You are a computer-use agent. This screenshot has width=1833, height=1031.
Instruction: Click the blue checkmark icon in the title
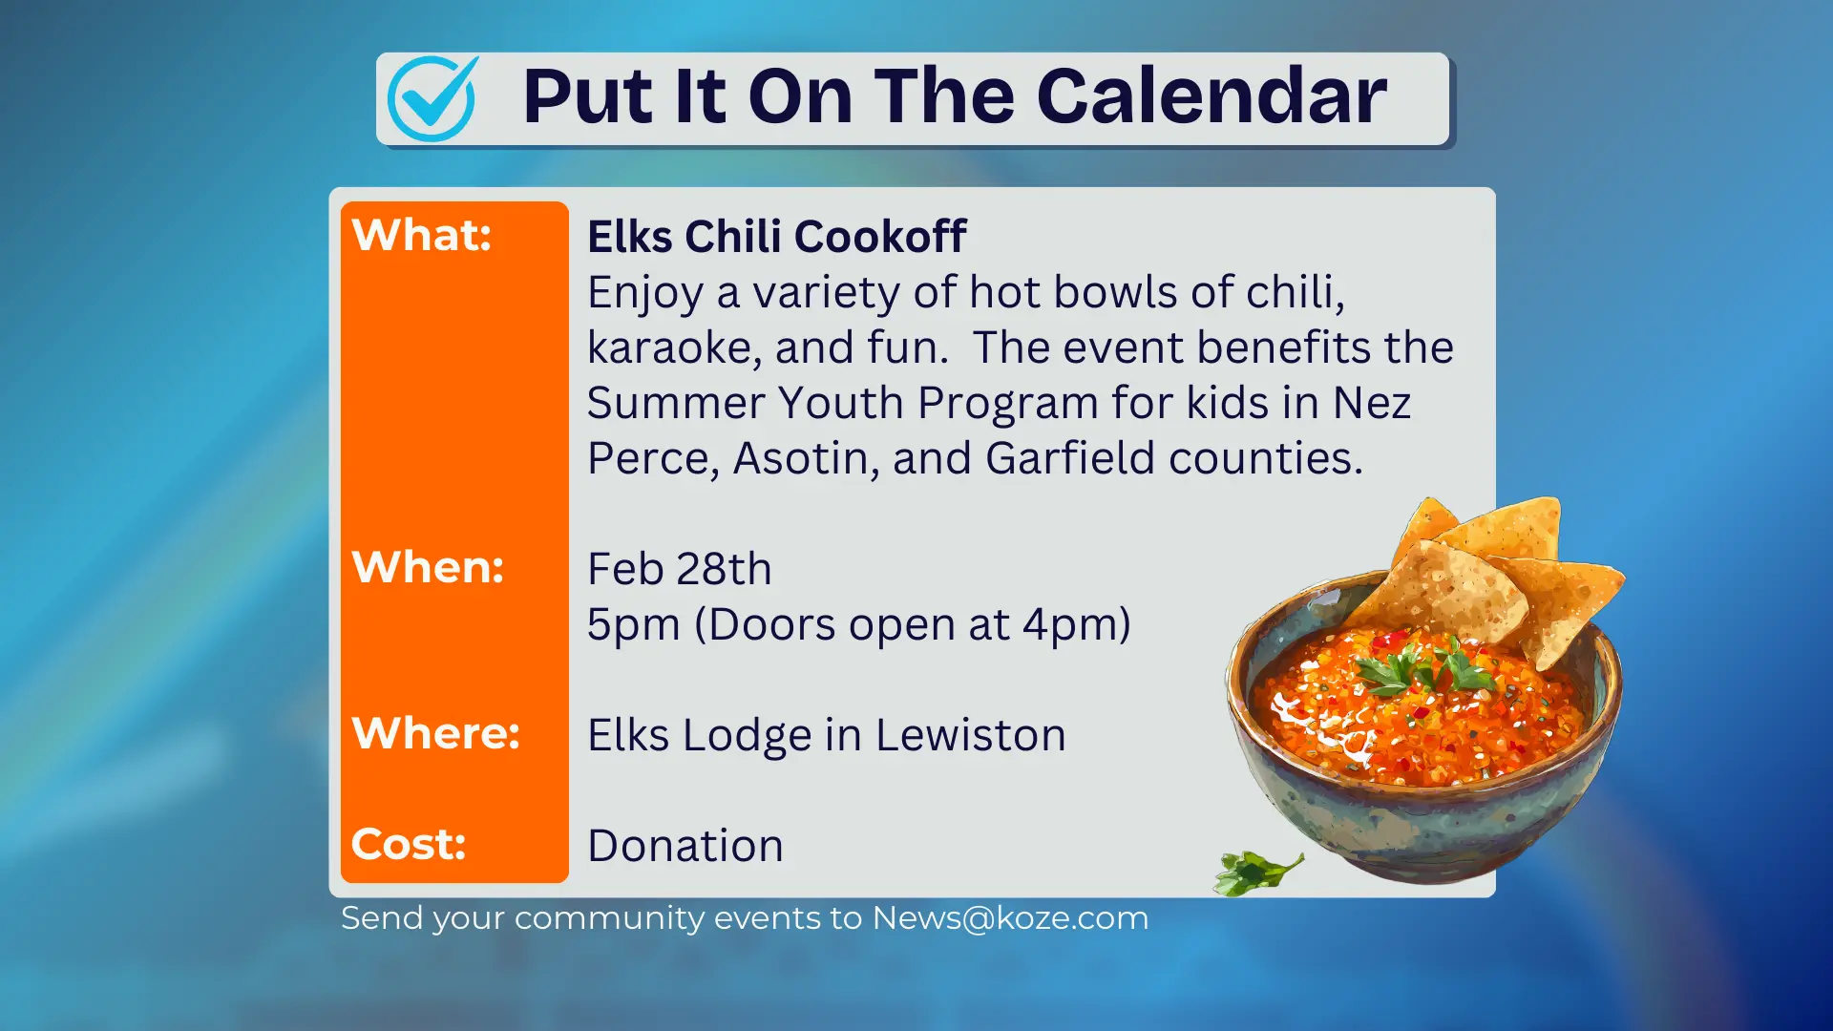point(432,98)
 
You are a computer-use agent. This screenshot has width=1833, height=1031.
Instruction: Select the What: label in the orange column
point(422,235)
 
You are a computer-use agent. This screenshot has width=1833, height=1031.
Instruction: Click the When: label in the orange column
point(428,567)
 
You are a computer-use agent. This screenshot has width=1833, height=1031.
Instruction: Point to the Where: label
point(435,733)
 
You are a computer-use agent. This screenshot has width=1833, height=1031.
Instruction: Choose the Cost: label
point(409,844)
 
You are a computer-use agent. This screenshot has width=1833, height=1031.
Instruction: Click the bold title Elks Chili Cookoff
point(776,237)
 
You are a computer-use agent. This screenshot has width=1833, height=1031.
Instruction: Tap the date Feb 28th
point(679,569)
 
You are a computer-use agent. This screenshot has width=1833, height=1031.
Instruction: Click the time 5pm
point(632,625)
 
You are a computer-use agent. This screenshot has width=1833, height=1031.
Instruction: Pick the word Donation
point(685,846)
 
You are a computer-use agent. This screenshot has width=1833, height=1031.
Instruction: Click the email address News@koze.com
point(1010,918)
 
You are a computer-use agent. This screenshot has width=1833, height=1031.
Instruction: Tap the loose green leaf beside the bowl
point(1255,871)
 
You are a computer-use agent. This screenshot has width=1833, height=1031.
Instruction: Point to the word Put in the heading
point(587,97)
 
